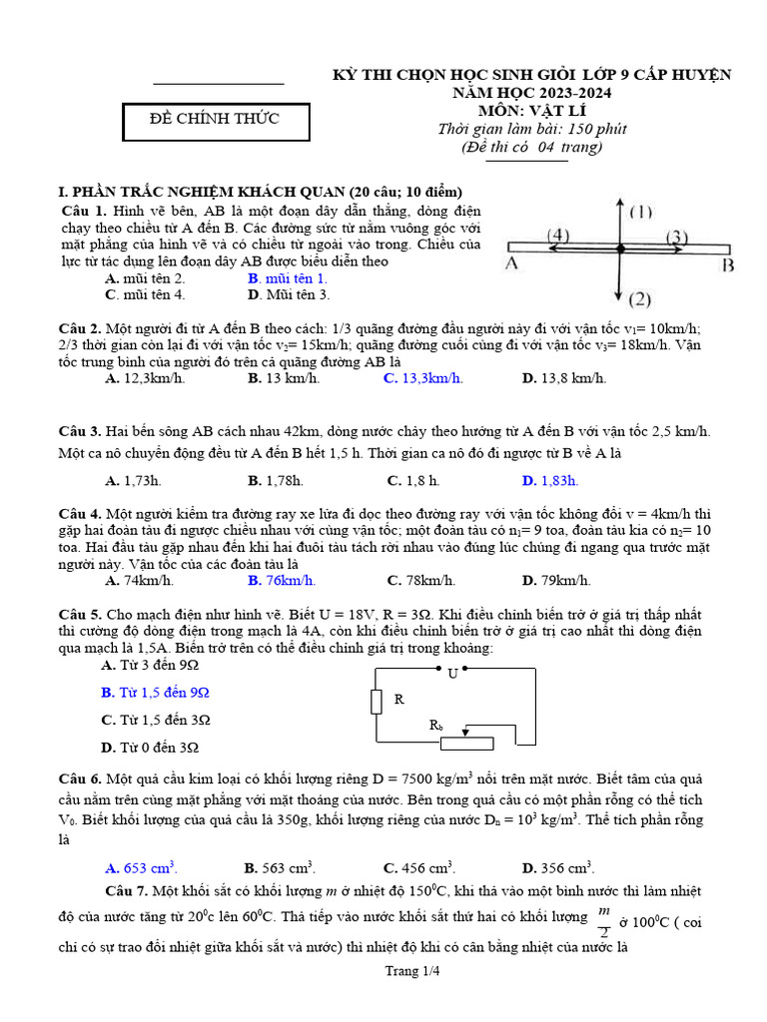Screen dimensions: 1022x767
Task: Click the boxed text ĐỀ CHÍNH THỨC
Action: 215,120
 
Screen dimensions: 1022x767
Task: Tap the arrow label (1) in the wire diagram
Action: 640,213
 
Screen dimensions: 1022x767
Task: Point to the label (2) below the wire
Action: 640,298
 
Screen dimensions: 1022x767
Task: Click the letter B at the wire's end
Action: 728,264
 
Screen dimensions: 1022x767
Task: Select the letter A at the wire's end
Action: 510,263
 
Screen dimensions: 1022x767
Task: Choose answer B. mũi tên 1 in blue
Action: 287,278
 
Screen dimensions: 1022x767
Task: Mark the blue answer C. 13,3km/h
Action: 422,378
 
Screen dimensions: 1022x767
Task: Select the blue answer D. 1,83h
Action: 549,480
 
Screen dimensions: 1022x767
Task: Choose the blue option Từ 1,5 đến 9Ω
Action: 156,692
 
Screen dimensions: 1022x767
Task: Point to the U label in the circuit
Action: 452,674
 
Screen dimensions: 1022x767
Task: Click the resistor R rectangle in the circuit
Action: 377,701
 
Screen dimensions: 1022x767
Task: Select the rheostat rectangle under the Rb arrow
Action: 466,743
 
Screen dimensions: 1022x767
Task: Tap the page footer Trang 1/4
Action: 383,971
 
